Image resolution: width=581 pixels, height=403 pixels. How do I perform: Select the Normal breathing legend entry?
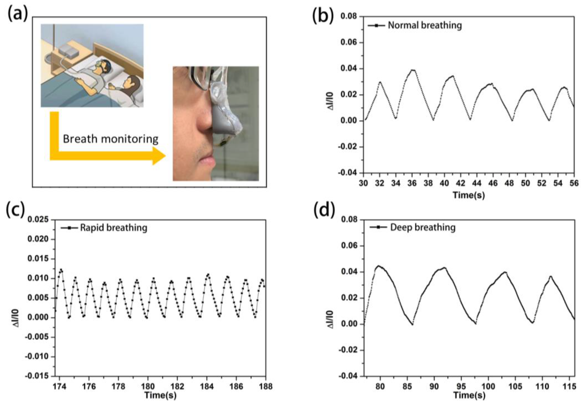[x=425, y=25]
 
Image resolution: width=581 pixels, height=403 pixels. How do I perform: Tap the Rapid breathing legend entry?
[x=113, y=228]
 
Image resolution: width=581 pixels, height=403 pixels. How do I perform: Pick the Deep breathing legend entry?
[x=422, y=227]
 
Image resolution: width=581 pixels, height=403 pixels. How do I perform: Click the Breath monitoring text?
[x=110, y=139]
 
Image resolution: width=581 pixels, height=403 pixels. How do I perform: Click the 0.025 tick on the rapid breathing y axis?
[x=38, y=220]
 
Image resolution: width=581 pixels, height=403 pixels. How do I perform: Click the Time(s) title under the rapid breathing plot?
[x=160, y=395]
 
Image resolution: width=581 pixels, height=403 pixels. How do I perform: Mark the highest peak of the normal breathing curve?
[x=413, y=70]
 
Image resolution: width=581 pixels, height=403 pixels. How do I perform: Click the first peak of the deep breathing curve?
[x=379, y=266]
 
